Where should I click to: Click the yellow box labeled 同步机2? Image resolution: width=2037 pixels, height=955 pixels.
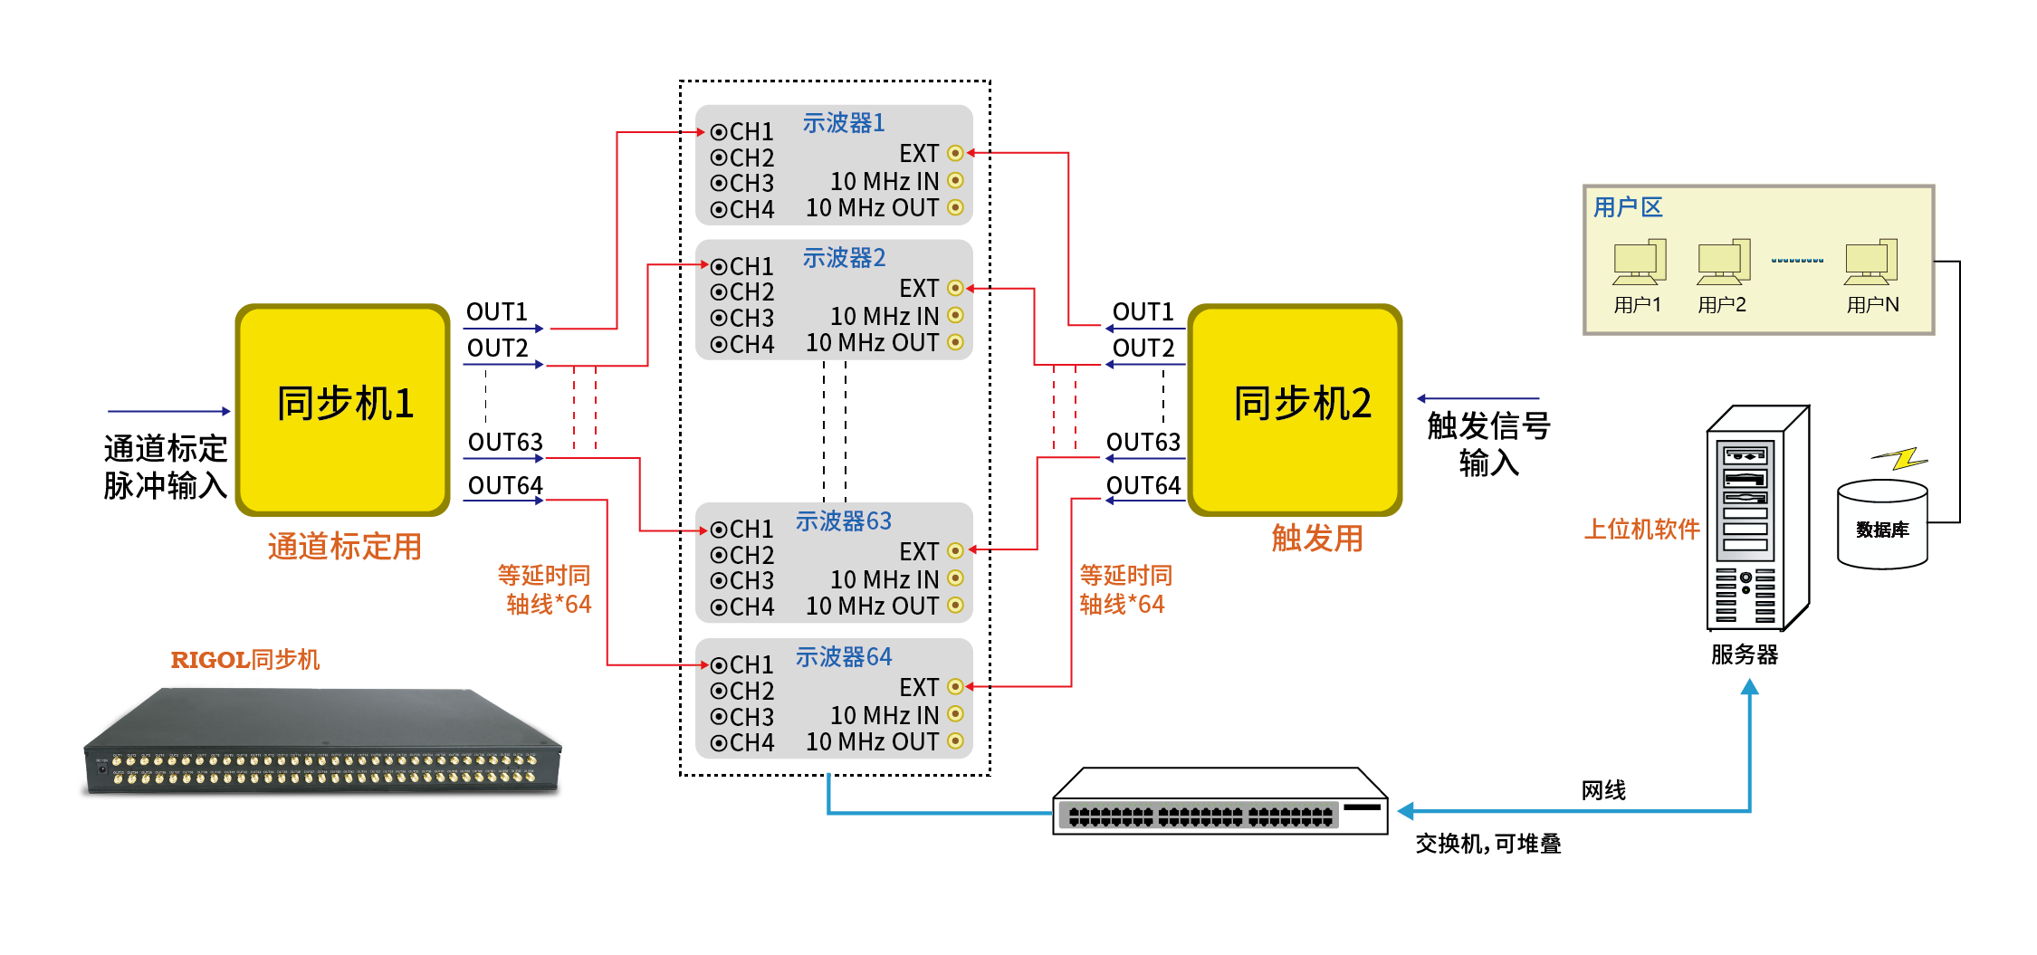click(x=1295, y=409)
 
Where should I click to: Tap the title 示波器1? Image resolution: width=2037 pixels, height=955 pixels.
click(x=843, y=122)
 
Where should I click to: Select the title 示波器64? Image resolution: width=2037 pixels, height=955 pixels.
click(x=843, y=656)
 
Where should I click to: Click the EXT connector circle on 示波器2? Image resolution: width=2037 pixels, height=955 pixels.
click(x=955, y=288)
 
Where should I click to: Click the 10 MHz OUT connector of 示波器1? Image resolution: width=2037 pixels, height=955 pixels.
click(x=955, y=207)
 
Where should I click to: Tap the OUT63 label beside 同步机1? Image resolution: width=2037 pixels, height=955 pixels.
click(x=504, y=442)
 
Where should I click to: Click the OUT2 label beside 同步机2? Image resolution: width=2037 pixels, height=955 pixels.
click(x=1143, y=348)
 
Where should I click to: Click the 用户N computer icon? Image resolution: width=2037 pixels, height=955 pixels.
click(x=1871, y=263)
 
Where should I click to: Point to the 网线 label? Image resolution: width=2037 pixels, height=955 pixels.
click(x=1603, y=790)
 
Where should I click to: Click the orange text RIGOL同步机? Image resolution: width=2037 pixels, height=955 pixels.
click(x=244, y=659)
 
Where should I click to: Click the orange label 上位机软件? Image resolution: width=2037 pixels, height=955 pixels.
click(x=1640, y=529)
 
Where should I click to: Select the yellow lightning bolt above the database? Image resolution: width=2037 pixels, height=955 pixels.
click(x=1901, y=459)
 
